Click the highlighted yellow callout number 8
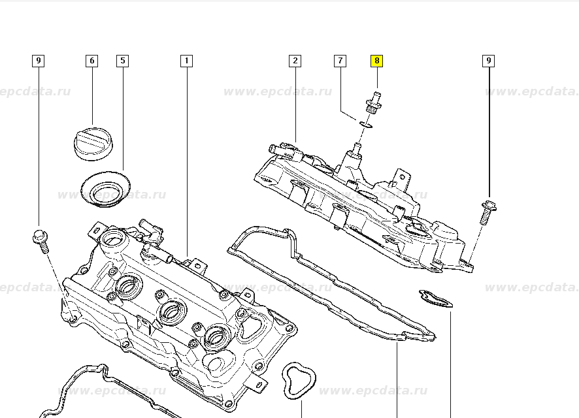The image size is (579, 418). [x=376, y=61]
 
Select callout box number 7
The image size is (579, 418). [x=340, y=61]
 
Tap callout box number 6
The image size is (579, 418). [x=91, y=61]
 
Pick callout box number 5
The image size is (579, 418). [x=122, y=61]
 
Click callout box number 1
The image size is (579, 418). [x=186, y=61]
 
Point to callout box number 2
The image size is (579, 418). [x=295, y=61]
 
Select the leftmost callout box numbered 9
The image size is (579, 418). [x=39, y=61]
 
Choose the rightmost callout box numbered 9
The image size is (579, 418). [x=488, y=61]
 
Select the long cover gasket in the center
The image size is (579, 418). [x=327, y=281]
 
